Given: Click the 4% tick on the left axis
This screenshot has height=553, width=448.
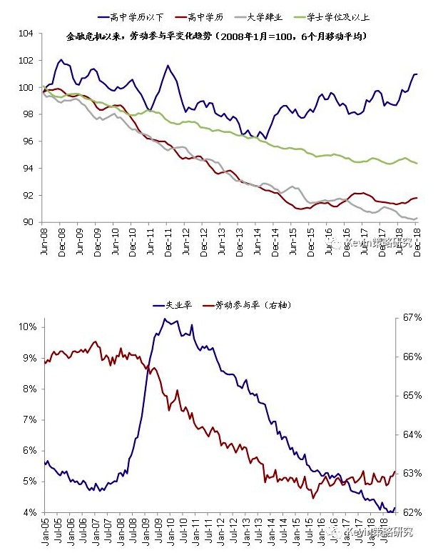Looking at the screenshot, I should coord(29,512).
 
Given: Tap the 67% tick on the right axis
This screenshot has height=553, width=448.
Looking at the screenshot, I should coord(414,318).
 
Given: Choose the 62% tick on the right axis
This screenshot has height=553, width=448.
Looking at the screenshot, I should coord(414,512).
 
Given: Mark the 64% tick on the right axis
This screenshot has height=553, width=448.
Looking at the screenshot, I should coord(414,434).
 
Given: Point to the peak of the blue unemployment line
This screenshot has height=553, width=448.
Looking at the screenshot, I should coord(165,319).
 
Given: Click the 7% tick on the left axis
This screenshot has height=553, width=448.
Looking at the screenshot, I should coord(29,419).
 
